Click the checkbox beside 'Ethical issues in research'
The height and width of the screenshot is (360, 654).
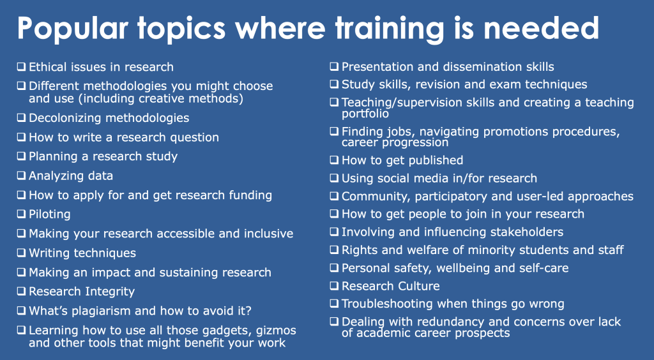(22, 66)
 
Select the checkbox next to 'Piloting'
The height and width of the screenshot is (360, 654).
(22, 214)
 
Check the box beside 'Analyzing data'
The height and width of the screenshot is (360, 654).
(22, 176)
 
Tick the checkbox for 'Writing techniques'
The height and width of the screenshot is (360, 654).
(22, 253)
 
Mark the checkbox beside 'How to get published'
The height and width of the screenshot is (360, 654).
(335, 160)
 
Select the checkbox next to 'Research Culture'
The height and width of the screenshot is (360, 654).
(335, 286)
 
